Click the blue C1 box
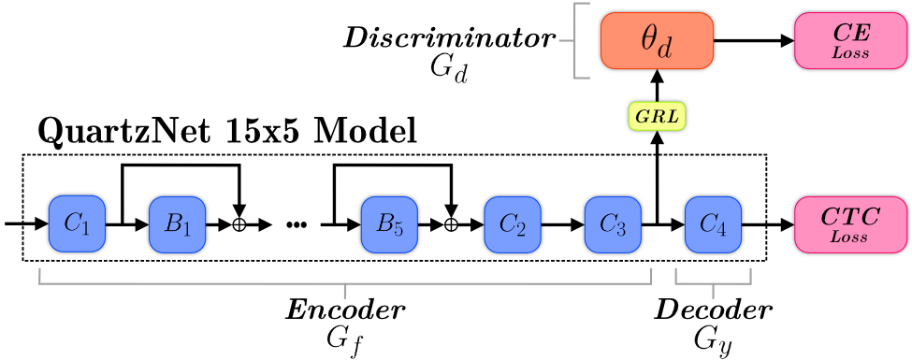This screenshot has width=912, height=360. [x=77, y=224]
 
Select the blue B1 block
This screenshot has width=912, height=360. [x=177, y=224]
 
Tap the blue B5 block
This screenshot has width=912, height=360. [x=389, y=224]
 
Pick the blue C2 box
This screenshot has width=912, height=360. [x=513, y=224]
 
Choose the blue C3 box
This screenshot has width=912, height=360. [x=613, y=224]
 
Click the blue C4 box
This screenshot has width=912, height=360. [x=713, y=224]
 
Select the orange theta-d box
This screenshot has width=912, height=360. [x=657, y=41]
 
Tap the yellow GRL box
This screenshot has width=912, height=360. [x=657, y=116]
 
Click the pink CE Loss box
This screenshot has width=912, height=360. [x=850, y=41]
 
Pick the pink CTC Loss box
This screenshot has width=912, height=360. [x=850, y=224]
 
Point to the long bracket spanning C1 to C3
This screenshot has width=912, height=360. [x=345, y=281]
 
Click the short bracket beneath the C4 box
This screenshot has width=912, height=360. [x=713, y=281]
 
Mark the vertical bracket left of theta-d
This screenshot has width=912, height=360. [x=575, y=41]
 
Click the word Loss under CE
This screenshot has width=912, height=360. [x=850, y=53]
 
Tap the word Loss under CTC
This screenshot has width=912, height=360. [x=850, y=238]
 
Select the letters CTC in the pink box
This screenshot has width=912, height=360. [x=850, y=217]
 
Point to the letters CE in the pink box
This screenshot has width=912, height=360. [x=850, y=33]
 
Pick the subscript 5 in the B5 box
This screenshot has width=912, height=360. [x=398, y=229]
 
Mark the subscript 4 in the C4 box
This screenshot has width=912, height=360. [x=721, y=229]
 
